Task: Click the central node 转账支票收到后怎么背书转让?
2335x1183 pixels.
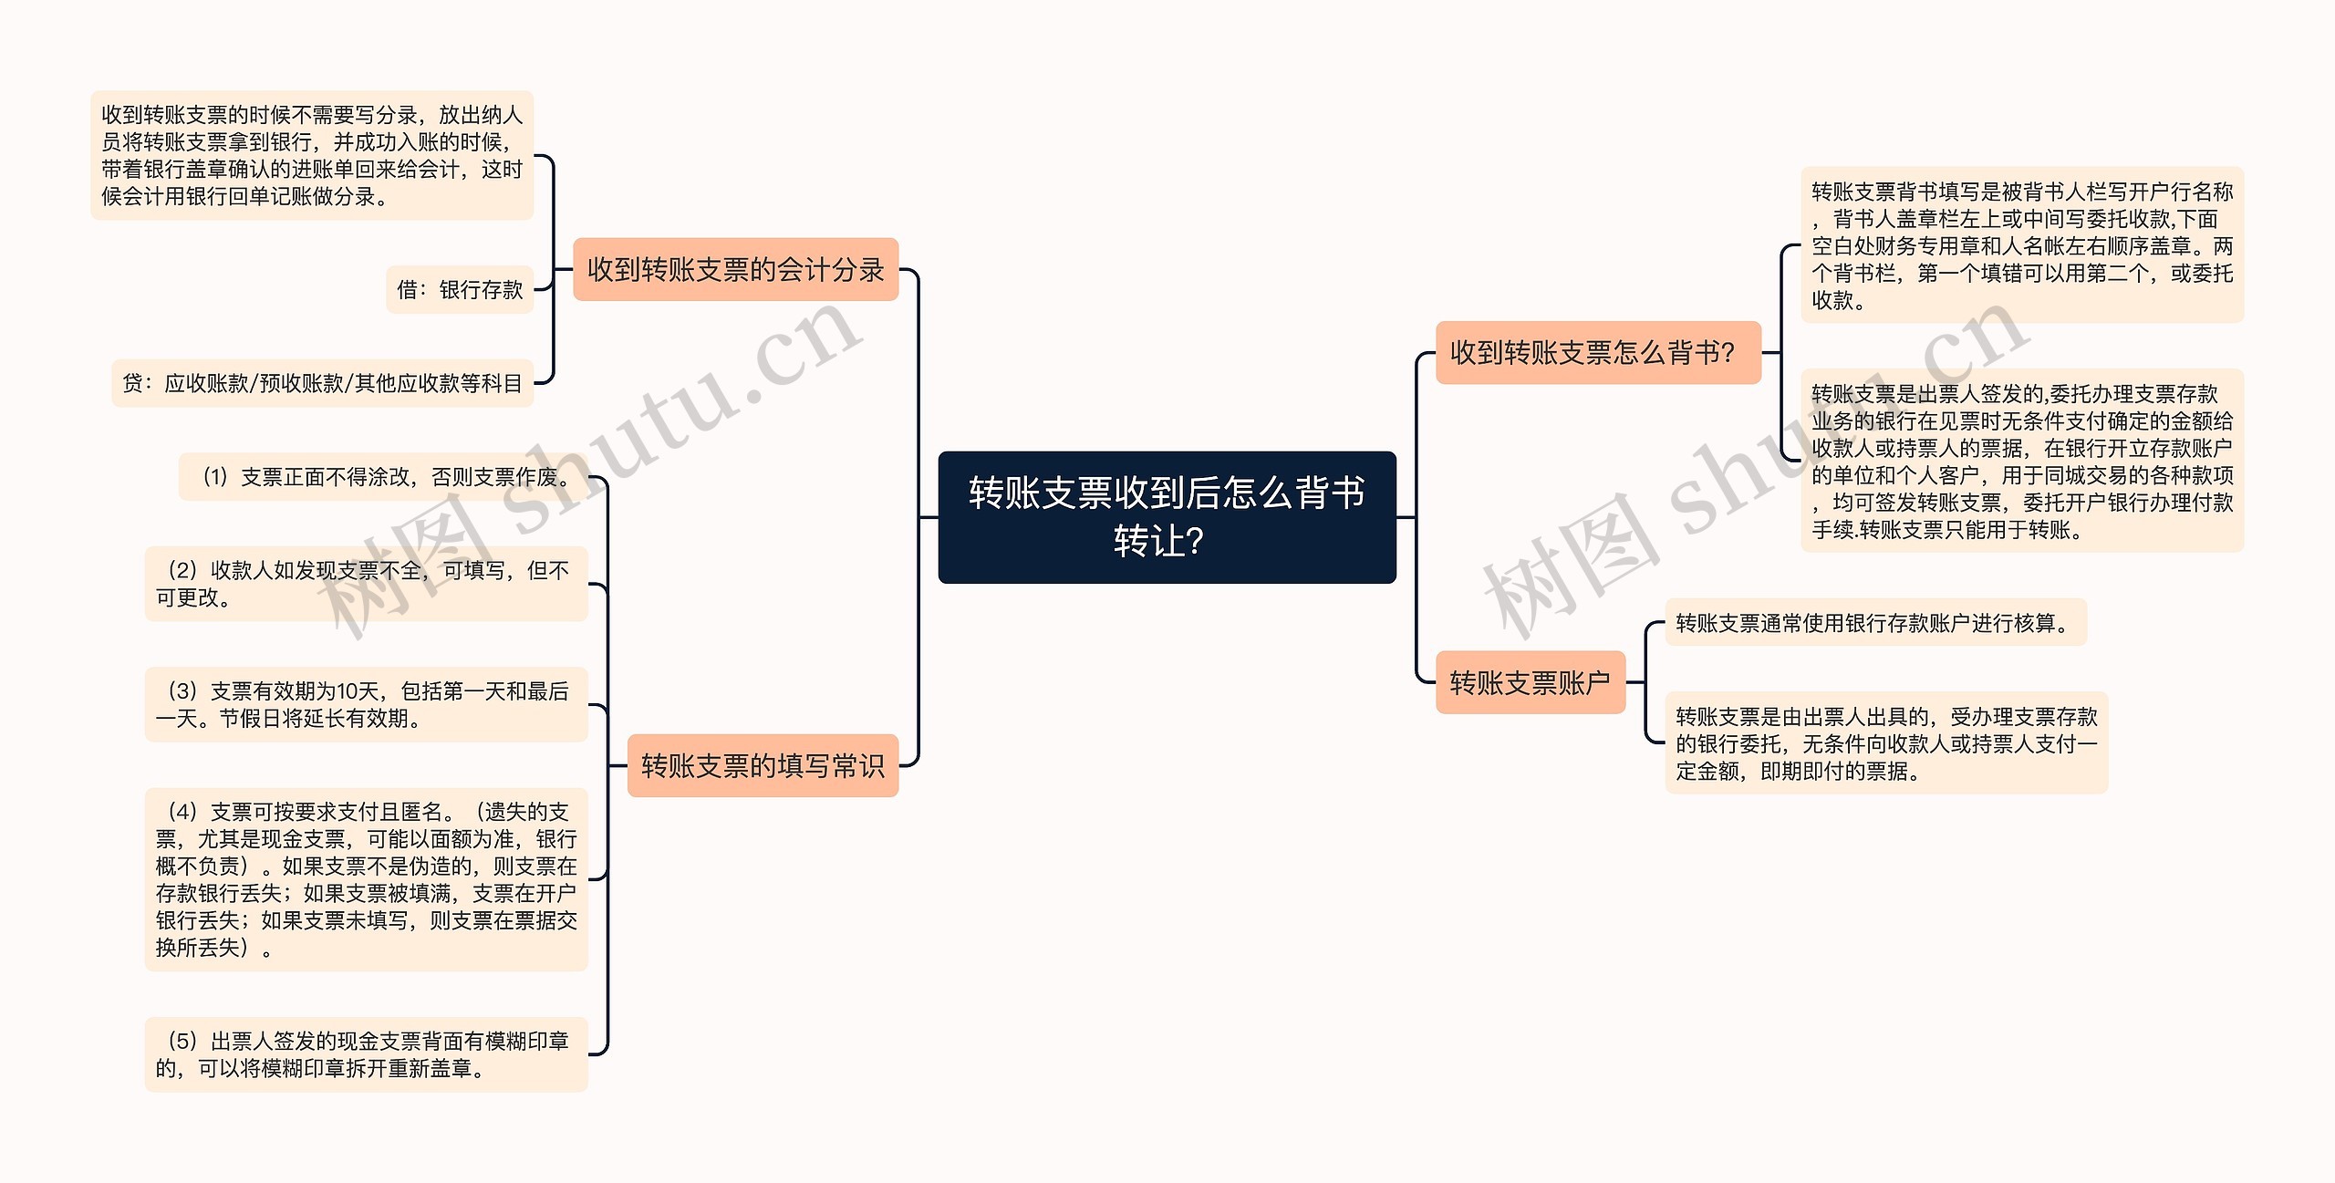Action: tap(1167, 516)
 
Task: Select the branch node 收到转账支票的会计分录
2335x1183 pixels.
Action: tap(735, 269)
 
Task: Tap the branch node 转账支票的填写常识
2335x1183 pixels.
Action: tap(763, 765)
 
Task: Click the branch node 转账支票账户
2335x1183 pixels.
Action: tap(1530, 682)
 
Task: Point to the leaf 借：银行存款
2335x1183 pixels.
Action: tap(460, 290)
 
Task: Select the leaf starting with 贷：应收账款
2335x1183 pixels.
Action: tap(322, 383)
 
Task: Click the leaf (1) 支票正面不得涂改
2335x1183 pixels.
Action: tap(384, 477)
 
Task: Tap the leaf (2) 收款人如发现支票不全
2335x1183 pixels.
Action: tap(366, 584)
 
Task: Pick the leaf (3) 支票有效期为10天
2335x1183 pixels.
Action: tap(366, 704)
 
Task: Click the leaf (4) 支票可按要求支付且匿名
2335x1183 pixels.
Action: tap(366, 879)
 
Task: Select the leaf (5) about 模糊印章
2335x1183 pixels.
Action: tap(366, 1054)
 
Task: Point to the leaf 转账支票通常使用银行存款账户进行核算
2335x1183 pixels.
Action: tap(1875, 623)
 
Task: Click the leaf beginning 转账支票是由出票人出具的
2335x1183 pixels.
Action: tap(1886, 743)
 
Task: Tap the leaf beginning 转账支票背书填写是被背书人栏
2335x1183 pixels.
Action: tap(2021, 245)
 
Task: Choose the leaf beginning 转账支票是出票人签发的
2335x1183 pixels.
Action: tap(2021, 461)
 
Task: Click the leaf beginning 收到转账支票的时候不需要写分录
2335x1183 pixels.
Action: tap(312, 155)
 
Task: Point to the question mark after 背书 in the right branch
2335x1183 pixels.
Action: tap(1726, 352)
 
